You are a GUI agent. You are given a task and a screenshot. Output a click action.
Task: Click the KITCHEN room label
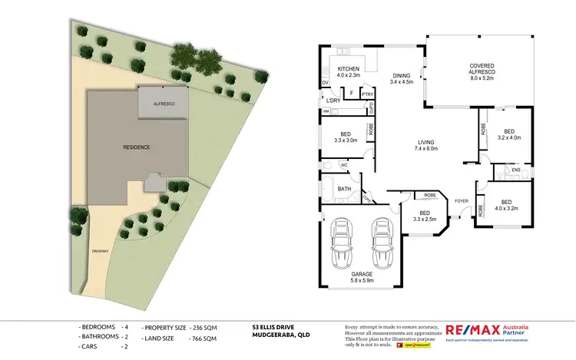click(x=349, y=69)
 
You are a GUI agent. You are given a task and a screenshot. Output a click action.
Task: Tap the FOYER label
click(x=462, y=201)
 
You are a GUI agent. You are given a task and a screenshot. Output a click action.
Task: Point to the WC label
click(x=344, y=164)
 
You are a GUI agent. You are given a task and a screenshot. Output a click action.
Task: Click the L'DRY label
click(x=333, y=101)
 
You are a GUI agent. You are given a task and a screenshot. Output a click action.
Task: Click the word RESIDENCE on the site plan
click(x=136, y=147)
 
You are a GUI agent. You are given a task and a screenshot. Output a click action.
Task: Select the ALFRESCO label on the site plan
click(x=162, y=103)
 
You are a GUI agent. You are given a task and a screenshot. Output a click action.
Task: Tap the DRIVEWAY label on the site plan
click(x=100, y=251)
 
